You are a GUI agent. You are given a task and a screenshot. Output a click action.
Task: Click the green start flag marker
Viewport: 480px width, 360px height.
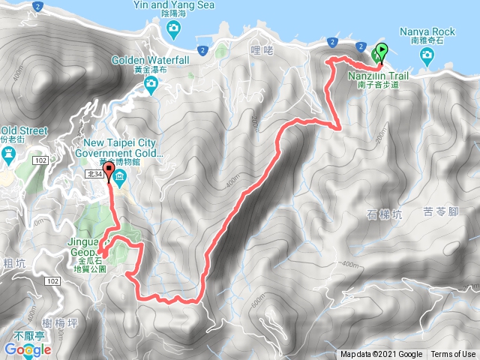point(380,53)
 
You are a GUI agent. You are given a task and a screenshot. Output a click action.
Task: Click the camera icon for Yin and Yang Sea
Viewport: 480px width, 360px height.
point(174,29)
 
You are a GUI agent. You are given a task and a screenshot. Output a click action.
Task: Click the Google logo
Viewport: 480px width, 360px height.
point(27,349)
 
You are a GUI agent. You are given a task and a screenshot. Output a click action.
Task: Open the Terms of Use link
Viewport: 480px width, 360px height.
point(453,355)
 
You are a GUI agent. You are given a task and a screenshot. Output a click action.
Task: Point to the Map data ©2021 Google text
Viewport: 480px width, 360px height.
point(381,355)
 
